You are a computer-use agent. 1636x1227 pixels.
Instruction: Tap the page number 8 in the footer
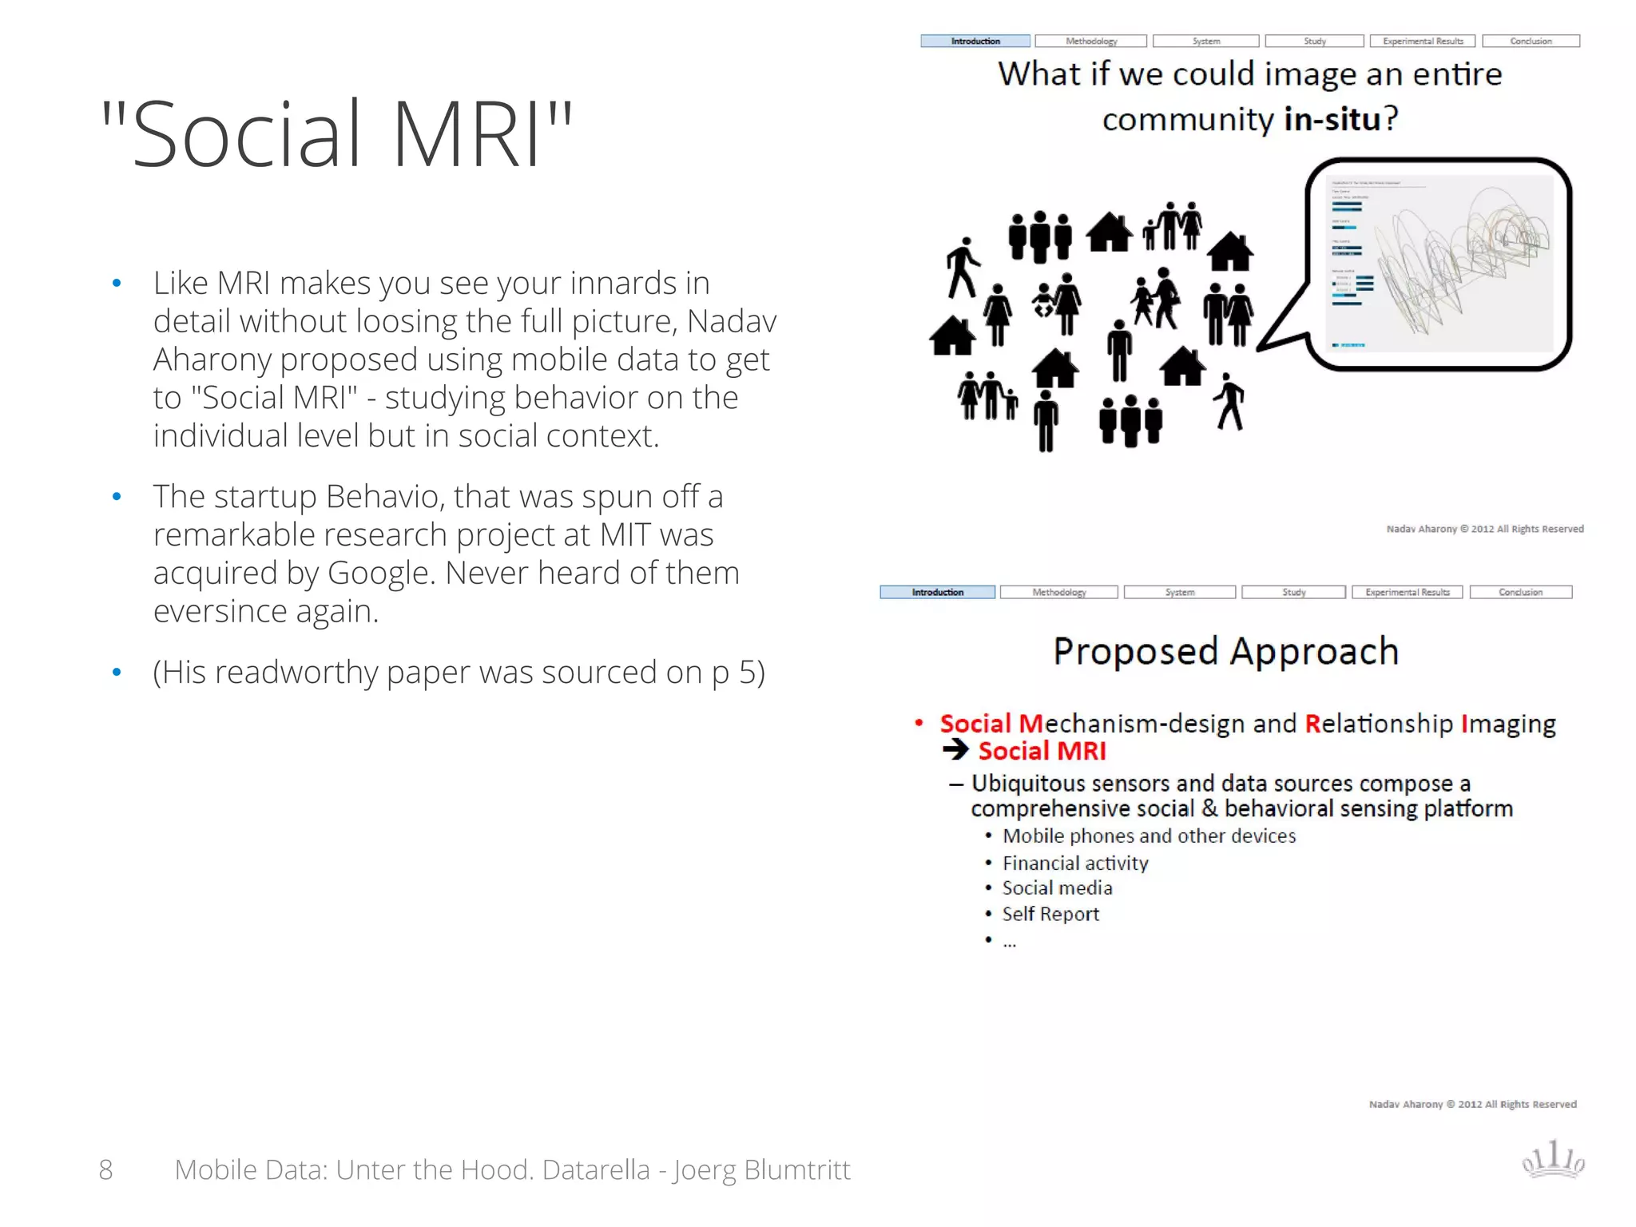[105, 1169]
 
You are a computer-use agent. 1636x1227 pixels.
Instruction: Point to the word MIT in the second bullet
[625, 535]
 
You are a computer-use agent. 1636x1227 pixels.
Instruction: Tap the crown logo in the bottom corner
[1553, 1160]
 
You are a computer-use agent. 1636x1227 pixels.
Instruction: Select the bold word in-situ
[1332, 119]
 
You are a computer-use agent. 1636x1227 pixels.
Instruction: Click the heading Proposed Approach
[1226, 651]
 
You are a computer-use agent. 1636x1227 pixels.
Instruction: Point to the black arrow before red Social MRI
[955, 750]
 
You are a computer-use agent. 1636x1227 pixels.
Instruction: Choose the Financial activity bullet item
[1075, 863]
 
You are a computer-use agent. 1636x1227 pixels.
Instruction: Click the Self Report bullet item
[1050, 914]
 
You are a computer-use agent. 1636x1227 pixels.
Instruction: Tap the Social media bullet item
[1057, 888]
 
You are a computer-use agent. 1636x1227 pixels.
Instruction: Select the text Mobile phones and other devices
[1149, 836]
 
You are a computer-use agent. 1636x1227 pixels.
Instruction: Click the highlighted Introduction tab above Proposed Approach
[937, 592]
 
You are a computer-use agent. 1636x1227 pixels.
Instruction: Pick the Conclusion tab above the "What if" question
[1531, 41]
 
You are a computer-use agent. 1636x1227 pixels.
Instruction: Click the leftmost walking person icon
[962, 268]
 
